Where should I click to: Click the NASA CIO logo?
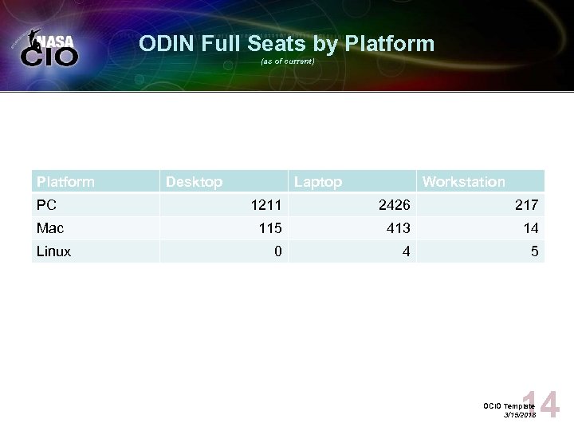click(49, 49)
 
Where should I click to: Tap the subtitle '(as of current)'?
click(287, 61)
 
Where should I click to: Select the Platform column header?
click(65, 182)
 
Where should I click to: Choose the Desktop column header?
click(194, 182)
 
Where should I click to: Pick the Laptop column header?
click(318, 182)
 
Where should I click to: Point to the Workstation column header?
click(463, 182)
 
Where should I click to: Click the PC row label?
click(46, 205)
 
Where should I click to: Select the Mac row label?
click(49, 228)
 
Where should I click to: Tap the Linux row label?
click(53, 251)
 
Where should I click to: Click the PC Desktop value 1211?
click(265, 205)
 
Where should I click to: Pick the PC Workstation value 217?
click(526, 205)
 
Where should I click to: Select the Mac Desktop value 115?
click(270, 228)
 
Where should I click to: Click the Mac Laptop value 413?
click(398, 228)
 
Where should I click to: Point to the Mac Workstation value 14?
click(531, 228)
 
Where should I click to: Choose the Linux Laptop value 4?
click(406, 251)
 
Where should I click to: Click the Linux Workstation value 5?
click(535, 251)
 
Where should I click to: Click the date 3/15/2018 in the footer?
click(520, 415)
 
